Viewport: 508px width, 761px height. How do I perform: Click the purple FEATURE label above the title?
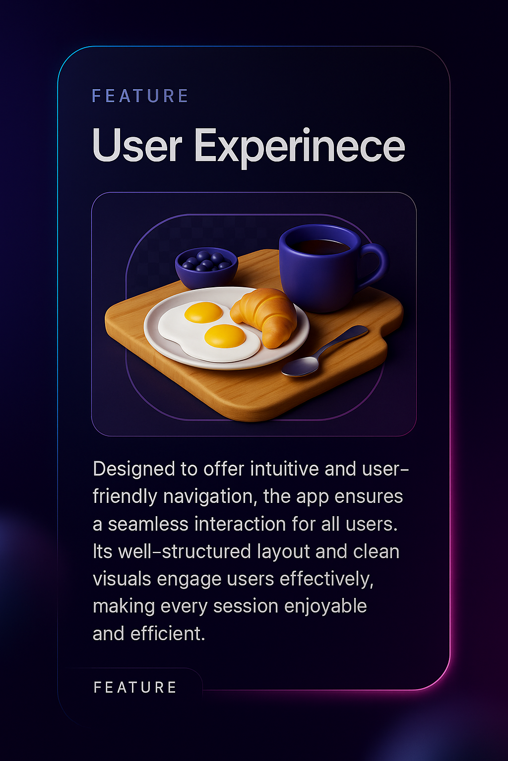[140, 96]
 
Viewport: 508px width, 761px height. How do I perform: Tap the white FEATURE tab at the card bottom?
[135, 687]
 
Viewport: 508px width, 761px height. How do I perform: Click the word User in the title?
[137, 146]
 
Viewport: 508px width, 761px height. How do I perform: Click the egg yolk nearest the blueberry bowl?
[203, 312]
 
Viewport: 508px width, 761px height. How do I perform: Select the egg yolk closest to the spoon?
[225, 336]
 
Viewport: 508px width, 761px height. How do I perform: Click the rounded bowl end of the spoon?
[301, 367]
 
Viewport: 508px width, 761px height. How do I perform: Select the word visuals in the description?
[122, 579]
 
